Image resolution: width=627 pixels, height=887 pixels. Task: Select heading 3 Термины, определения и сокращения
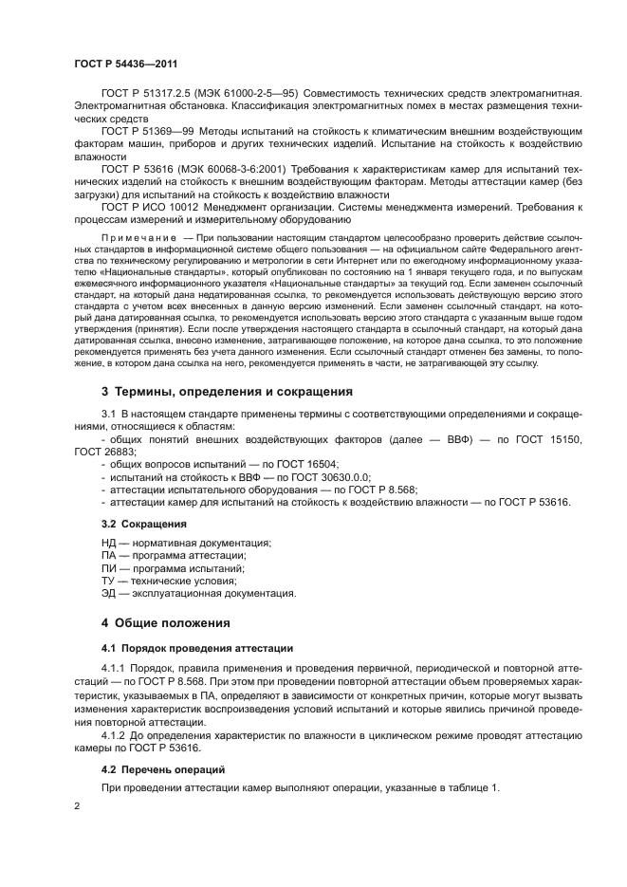[x=227, y=392]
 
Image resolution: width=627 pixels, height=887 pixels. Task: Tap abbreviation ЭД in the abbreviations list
[x=109, y=594]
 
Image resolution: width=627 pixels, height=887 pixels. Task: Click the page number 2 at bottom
[x=77, y=806]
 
